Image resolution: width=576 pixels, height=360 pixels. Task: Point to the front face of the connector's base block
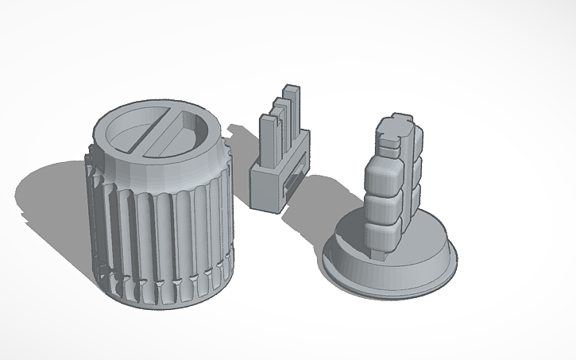265,188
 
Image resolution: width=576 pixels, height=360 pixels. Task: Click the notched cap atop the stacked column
395,131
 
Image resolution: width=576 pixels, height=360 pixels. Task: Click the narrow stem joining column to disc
381,254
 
